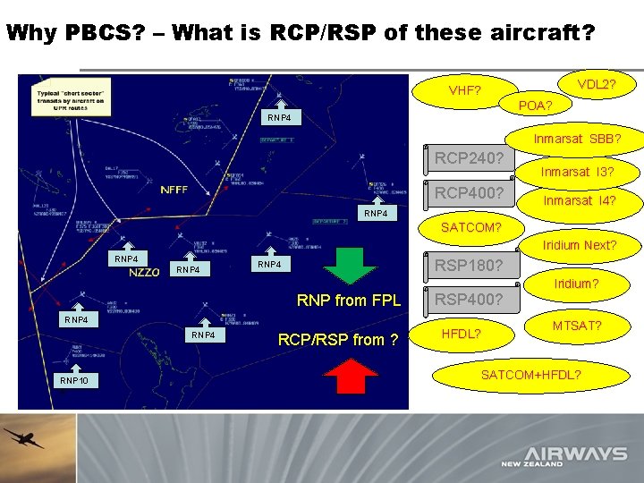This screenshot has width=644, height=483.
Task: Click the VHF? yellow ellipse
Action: [464, 91]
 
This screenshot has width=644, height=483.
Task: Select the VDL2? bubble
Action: [595, 84]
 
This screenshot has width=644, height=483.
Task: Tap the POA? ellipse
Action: [536, 106]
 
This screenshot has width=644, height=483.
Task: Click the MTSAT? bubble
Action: [576, 326]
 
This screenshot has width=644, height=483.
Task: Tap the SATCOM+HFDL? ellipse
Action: [531, 374]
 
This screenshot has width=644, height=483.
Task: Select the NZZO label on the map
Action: [145, 273]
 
